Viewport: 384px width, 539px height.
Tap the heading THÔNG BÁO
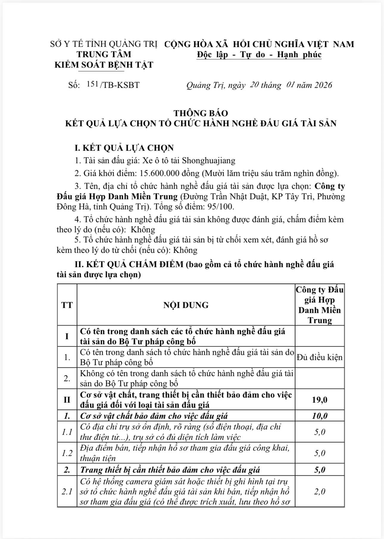click(201, 113)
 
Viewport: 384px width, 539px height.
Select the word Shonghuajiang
click(208, 161)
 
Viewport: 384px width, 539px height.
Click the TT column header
click(67, 305)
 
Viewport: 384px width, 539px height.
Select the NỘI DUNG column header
click(186, 305)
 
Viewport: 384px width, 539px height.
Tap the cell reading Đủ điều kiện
click(320, 357)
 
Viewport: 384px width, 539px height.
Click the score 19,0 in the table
click(320, 399)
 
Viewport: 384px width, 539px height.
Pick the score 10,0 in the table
click(320, 416)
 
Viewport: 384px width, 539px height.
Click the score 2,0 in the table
click(320, 492)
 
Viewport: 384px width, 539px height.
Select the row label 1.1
click(67, 432)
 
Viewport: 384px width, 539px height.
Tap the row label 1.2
click(67, 453)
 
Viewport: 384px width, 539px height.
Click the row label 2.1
click(67, 492)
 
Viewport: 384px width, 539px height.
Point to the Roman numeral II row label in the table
click(67, 399)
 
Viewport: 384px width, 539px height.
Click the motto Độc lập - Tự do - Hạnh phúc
click(259, 55)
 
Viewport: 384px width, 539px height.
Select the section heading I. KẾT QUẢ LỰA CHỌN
click(124, 148)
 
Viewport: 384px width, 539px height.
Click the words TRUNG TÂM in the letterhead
click(104, 54)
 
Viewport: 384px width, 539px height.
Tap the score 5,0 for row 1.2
click(320, 453)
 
